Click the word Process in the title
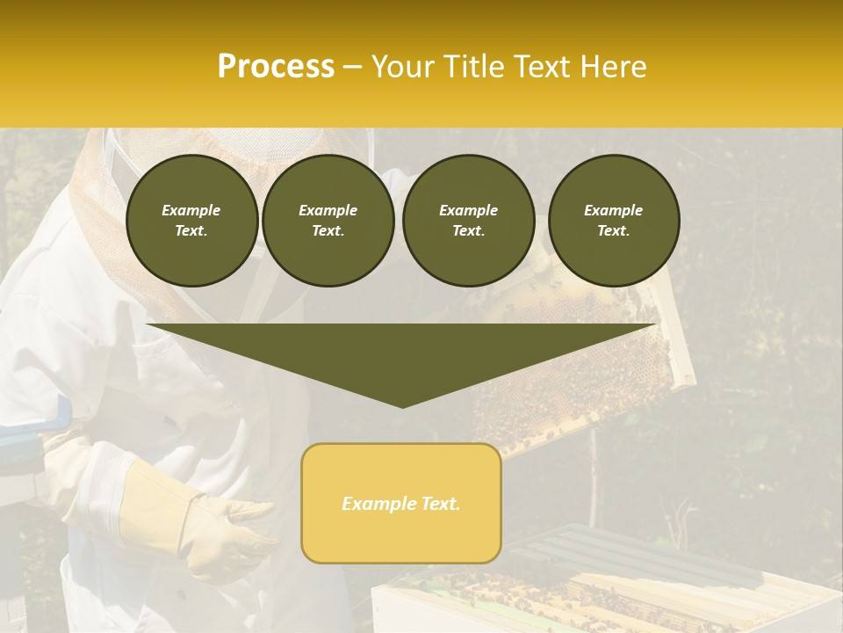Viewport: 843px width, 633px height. coord(276,67)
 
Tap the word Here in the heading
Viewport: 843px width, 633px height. coord(611,67)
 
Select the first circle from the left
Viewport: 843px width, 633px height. coord(191,221)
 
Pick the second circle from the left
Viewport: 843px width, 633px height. coord(328,221)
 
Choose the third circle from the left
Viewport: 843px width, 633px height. coord(468,221)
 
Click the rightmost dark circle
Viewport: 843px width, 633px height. coord(613,221)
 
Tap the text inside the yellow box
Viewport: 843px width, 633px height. coord(401,504)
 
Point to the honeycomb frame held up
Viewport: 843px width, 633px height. coord(580,369)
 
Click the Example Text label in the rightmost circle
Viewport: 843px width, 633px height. coord(613,221)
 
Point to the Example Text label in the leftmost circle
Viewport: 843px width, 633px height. coord(191,221)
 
